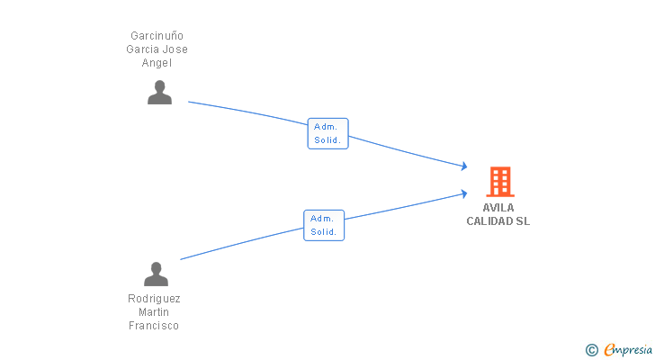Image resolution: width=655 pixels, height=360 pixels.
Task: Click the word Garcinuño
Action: click(x=157, y=35)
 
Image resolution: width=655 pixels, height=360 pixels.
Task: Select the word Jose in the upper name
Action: click(x=175, y=49)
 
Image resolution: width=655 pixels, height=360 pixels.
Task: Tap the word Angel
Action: click(x=157, y=63)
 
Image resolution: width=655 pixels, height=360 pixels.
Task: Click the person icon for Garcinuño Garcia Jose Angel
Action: click(x=159, y=93)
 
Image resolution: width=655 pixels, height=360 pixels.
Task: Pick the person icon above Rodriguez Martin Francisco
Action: click(x=156, y=274)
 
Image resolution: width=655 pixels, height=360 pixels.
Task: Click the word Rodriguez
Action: click(x=154, y=299)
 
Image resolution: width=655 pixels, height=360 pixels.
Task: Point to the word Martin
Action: click(x=154, y=312)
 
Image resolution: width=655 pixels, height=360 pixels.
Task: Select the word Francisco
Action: click(x=154, y=325)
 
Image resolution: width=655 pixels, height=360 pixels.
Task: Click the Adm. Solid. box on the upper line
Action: click(x=327, y=133)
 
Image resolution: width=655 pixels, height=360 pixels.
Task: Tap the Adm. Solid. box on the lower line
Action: click(x=324, y=226)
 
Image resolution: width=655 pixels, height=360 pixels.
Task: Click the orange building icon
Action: click(x=500, y=182)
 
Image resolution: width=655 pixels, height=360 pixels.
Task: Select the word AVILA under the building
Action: click(x=498, y=208)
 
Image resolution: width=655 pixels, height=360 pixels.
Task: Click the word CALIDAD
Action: click(x=489, y=221)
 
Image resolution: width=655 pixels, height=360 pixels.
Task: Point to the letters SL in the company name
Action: click(x=523, y=221)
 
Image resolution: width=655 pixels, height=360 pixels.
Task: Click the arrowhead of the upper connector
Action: click(x=464, y=166)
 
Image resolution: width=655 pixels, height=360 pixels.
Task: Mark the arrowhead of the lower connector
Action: click(x=464, y=193)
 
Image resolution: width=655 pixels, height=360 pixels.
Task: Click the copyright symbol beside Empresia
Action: click(x=591, y=350)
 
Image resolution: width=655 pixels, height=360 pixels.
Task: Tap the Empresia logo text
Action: click(x=628, y=349)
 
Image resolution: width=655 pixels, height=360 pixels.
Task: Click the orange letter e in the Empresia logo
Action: click(x=609, y=349)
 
